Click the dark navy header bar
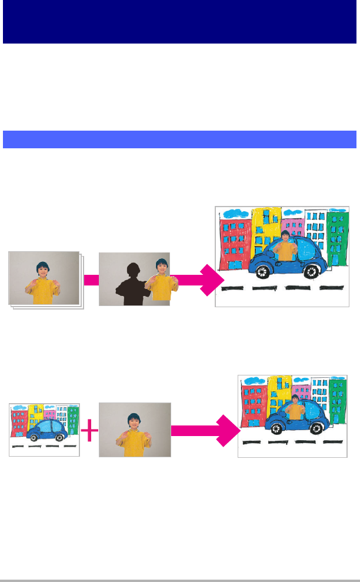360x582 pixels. point(179,22)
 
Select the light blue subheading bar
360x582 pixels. point(179,139)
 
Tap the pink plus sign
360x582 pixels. point(89,433)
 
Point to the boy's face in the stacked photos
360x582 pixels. point(42,270)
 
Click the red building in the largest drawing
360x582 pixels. point(234,241)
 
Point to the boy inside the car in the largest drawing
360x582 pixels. point(285,245)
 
